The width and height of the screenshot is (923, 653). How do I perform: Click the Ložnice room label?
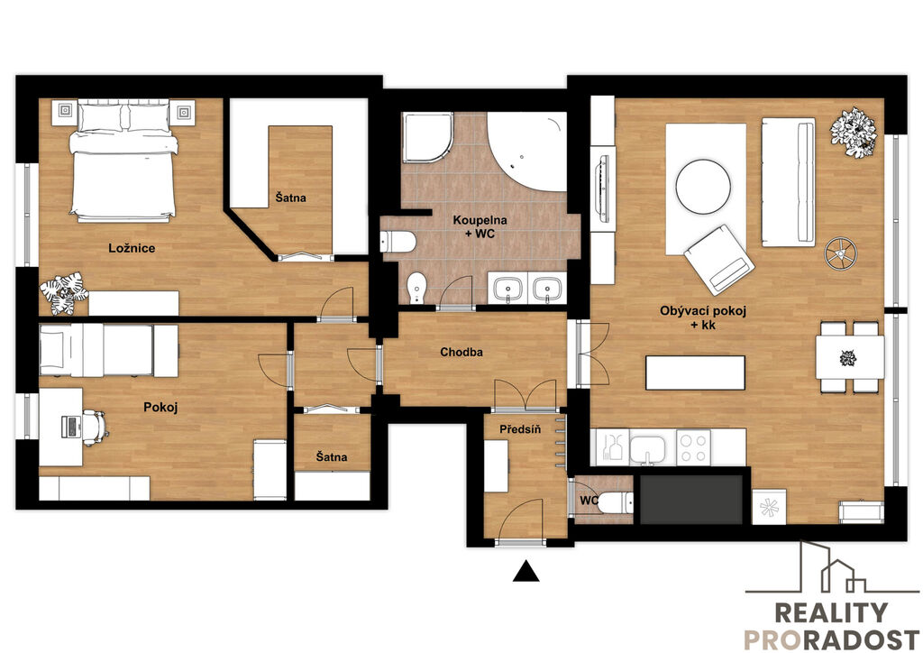tap(132, 248)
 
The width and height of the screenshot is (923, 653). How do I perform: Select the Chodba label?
tap(461, 352)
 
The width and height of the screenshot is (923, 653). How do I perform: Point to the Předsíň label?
tap(520, 429)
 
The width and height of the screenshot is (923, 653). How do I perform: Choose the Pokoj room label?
tap(160, 407)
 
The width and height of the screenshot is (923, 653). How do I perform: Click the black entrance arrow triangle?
tap(525, 571)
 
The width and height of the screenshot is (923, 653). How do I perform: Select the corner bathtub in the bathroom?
tap(525, 150)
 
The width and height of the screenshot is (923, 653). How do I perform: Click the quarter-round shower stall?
tap(427, 137)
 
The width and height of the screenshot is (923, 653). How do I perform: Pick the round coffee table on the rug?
tap(703, 188)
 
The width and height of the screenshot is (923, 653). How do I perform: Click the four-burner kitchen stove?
tap(693, 448)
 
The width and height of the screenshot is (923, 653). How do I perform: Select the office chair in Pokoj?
tap(95, 426)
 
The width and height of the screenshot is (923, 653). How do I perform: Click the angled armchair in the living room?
tap(718, 261)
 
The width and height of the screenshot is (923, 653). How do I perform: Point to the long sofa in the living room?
tap(788, 182)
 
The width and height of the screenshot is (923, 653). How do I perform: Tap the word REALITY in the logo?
tap(830, 613)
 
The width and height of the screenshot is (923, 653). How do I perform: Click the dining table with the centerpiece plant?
tap(849, 357)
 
